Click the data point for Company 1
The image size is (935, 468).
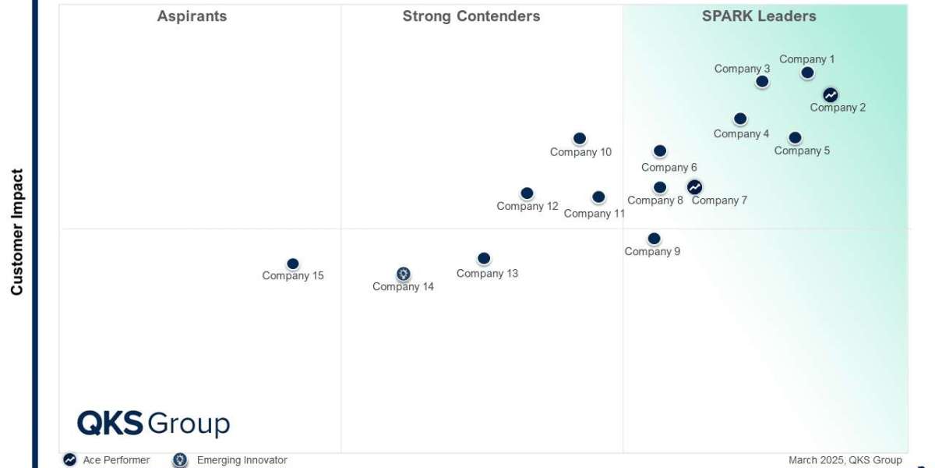point(807,73)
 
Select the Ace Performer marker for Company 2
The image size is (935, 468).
point(831,95)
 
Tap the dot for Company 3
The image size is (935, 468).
point(762,81)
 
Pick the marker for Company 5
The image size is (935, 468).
point(795,137)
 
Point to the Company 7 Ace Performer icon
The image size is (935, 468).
point(694,187)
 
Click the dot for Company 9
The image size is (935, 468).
point(654,239)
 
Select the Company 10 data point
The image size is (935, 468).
point(580,139)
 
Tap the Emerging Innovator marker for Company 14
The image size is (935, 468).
point(403,274)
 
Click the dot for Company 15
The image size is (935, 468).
point(293,264)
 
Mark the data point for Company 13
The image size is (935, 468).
point(484,258)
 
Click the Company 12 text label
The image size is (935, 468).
point(527,207)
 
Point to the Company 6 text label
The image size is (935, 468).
point(669,168)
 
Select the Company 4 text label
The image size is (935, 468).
point(741,134)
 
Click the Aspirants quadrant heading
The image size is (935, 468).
point(192,16)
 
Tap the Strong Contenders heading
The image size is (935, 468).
point(471,16)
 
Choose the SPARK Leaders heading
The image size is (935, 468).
point(759,16)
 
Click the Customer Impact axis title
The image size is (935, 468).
point(17,232)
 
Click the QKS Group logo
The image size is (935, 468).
point(153,424)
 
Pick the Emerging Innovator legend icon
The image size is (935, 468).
point(181,460)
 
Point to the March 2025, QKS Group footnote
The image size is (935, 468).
point(845,460)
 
